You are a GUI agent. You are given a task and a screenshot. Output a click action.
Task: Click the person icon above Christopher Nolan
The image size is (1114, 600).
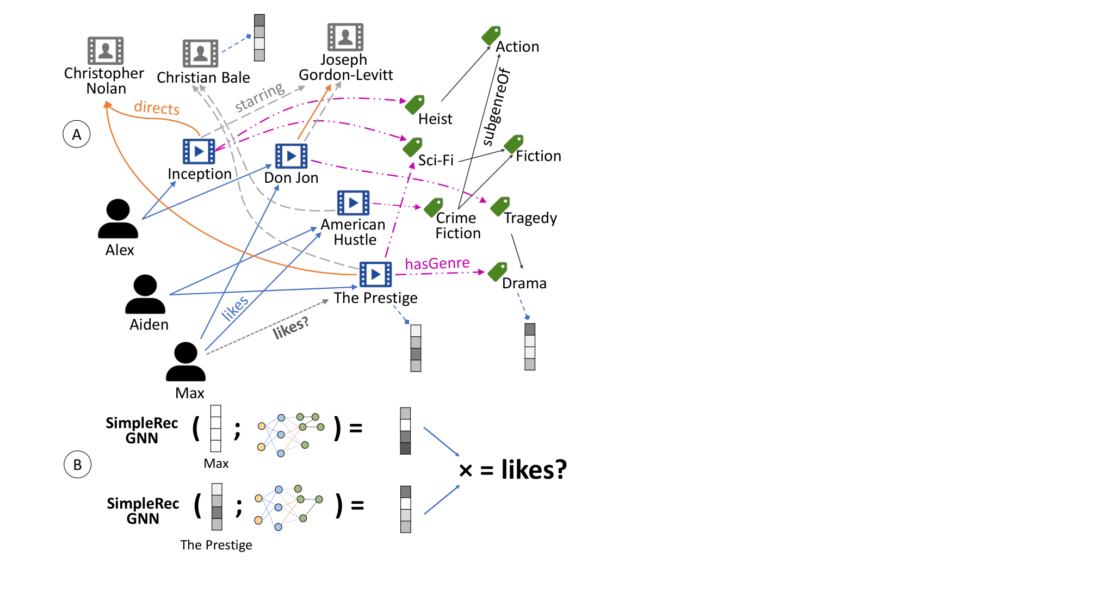point(106,51)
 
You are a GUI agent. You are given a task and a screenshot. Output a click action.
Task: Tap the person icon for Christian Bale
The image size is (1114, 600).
point(200,53)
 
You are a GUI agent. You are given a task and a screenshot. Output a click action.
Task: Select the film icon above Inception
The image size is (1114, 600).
point(199,151)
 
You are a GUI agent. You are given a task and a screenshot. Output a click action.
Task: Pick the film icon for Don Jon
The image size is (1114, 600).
point(291,156)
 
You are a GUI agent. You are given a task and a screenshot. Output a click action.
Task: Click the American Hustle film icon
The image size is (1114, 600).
point(353,203)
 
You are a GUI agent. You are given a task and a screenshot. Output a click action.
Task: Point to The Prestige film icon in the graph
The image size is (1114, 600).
point(375,274)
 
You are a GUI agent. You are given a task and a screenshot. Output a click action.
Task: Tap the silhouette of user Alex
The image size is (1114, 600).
point(118,219)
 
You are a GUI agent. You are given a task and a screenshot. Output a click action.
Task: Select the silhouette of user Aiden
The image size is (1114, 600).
point(145,294)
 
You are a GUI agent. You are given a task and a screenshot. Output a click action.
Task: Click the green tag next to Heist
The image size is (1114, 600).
point(415,104)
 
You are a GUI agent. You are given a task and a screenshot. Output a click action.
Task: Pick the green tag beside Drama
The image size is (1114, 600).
point(498,271)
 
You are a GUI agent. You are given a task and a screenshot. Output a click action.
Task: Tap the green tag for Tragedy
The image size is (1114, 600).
point(500,206)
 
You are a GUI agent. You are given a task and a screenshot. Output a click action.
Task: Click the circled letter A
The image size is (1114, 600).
point(77,134)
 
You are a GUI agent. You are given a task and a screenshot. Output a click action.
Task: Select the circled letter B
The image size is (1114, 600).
point(77,465)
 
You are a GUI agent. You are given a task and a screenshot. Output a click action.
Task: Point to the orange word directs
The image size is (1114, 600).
point(157,108)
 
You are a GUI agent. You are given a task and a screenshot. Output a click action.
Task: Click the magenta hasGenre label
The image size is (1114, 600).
point(437,264)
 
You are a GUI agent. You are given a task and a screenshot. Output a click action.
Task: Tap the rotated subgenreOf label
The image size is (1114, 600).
point(496,107)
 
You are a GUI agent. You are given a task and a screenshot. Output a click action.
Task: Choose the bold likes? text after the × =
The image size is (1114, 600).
point(534,469)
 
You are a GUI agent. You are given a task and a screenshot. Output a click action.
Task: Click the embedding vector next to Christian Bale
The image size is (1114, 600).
point(259,38)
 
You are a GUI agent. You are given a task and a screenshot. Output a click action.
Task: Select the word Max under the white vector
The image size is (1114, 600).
point(216,463)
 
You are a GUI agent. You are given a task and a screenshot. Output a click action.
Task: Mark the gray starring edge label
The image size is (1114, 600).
point(260,97)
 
